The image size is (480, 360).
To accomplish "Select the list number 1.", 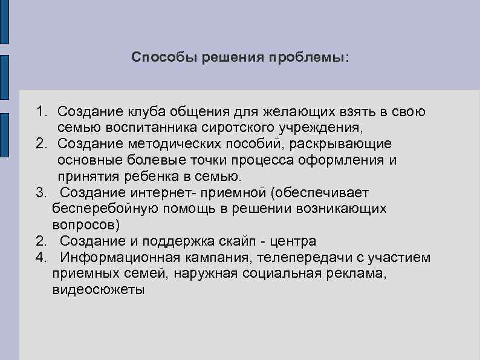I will (41, 112).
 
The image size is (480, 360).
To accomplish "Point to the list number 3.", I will (41, 192).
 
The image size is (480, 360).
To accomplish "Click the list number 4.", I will (41, 257).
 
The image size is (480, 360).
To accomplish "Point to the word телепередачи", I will (308, 257).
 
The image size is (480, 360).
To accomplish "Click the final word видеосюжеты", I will (99, 289).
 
